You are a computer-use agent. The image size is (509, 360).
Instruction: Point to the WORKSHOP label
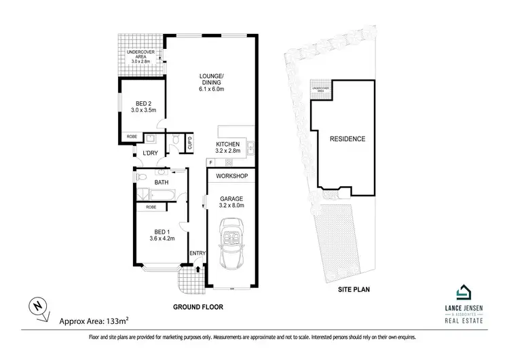(232, 177)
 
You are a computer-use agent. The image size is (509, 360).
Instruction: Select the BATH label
(162, 183)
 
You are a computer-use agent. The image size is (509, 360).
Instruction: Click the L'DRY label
(150, 153)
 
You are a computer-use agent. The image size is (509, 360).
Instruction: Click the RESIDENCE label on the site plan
(347, 139)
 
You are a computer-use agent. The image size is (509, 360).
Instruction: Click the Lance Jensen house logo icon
(465, 291)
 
